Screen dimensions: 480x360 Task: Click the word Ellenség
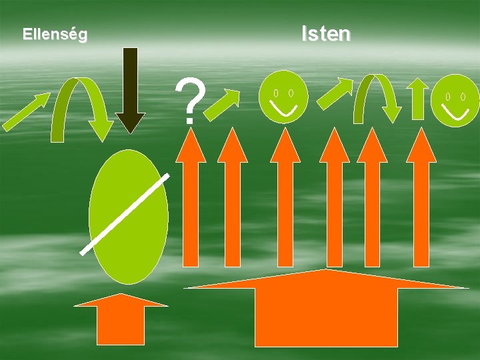click(55, 35)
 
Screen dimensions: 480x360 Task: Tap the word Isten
click(325, 33)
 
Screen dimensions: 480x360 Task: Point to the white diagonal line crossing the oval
click(124, 213)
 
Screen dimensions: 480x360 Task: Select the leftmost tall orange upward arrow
click(191, 200)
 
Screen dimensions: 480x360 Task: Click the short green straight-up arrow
click(418, 99)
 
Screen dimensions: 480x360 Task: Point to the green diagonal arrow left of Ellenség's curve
click(25, 111)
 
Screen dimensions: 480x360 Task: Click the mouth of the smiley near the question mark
click(284, 107)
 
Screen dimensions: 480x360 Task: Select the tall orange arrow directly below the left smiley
click(286, 200)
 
